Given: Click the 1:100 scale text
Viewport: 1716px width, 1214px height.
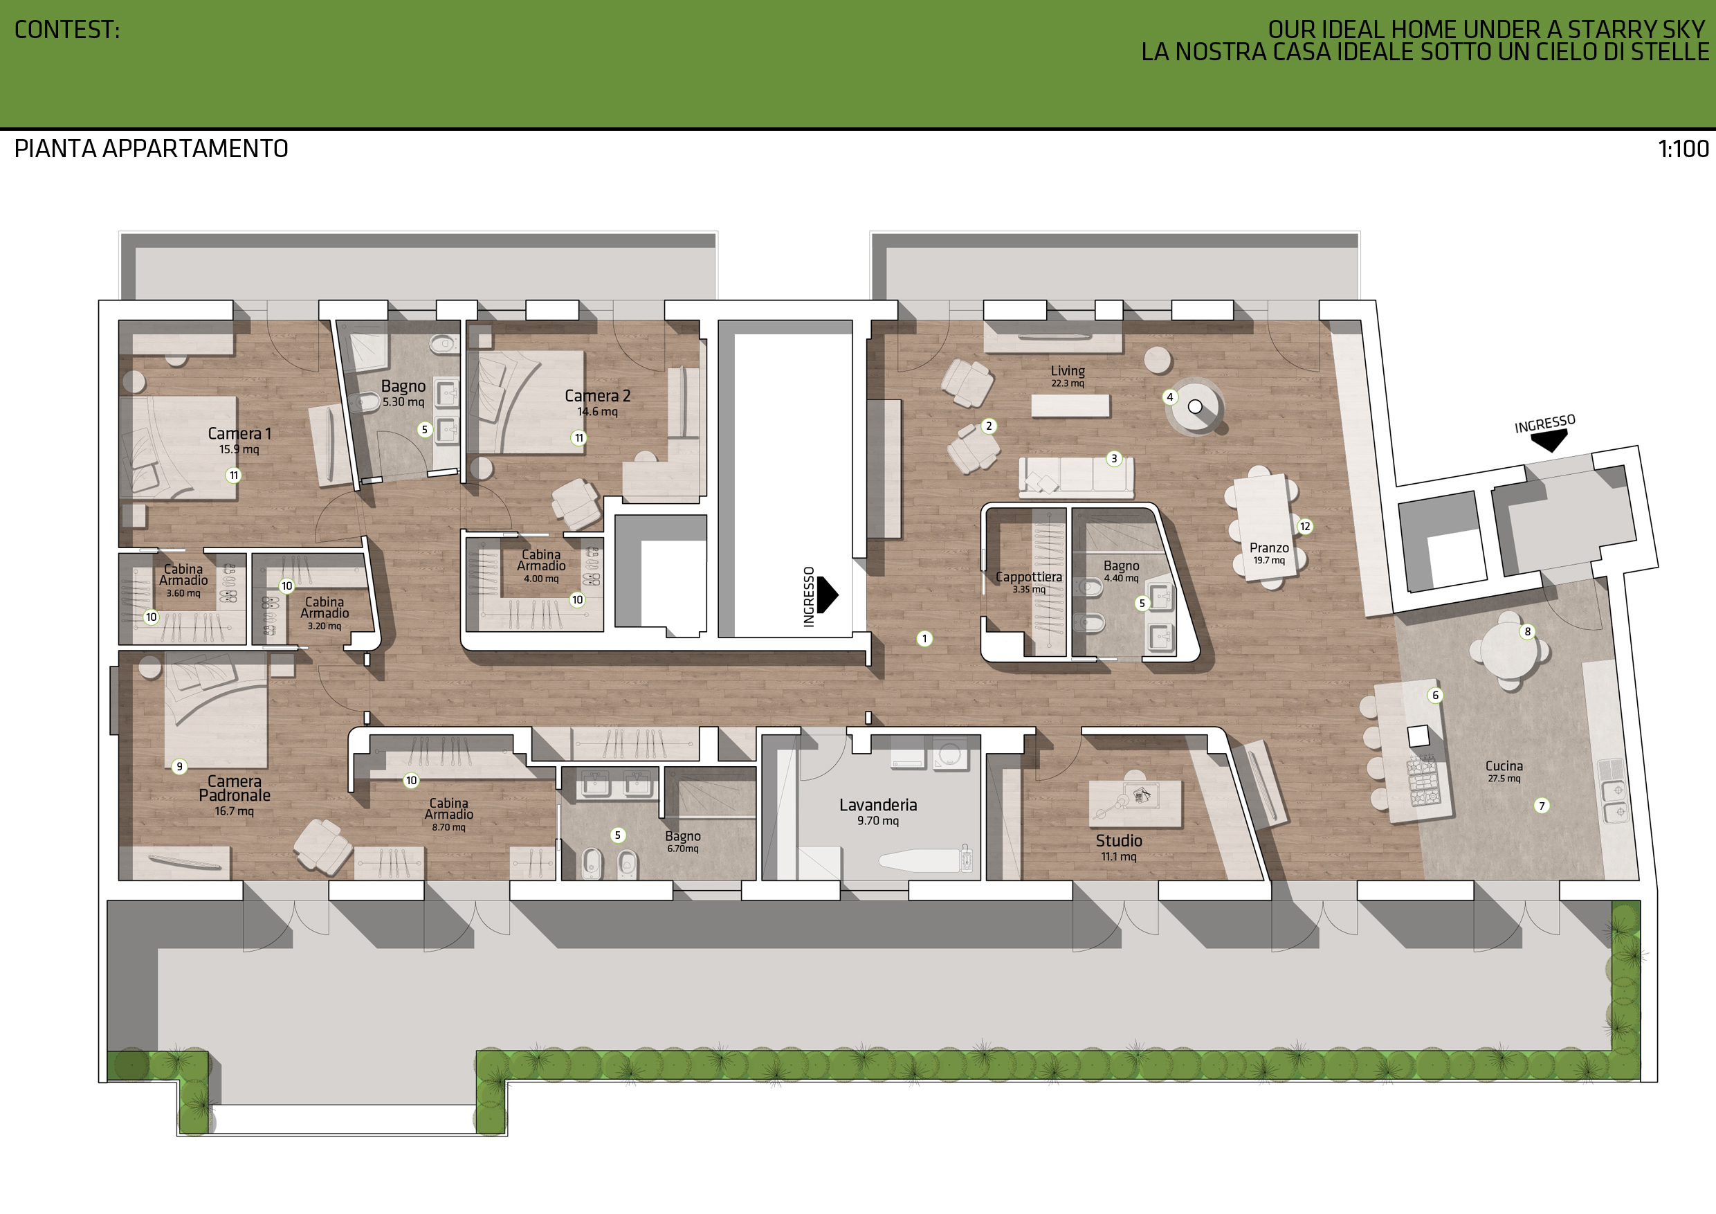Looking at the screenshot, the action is (x=1683, y=149).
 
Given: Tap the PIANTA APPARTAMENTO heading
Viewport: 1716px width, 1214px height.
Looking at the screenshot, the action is (x=151, y=149).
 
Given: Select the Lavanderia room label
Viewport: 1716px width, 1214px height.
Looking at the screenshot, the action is (x=877, y=805).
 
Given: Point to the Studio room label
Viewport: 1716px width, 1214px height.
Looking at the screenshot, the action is (x=1119, y=841).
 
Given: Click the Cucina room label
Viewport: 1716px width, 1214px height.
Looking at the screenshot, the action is (x=1504, y=766).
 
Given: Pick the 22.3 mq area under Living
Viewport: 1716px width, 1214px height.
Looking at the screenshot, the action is (x=1067, y=383).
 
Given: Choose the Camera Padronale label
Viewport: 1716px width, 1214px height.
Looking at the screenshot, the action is (x=235, y=788).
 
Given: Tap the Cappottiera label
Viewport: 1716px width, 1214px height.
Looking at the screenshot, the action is (x=1028, y=577).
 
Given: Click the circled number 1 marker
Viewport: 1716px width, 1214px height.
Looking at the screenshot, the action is (x=924, y=638).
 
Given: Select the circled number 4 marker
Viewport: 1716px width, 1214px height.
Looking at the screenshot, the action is (x=1169, y=397).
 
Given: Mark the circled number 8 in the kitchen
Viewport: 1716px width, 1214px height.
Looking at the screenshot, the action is (x=1528, y=632).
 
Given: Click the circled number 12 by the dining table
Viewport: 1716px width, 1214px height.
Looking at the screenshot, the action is (x=1305, y=526).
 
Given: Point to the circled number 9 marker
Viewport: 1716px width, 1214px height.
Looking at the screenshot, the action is (x=179, y=766).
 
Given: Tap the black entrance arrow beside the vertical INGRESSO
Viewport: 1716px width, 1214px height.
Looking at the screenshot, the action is (x=828, y=595).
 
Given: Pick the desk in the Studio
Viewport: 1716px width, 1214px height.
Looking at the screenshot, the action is (x=1135, y=803).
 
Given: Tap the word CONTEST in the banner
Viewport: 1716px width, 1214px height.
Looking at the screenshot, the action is (x=66, y=30).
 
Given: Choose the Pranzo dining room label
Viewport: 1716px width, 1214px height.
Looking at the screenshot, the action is (x=1269, y=548).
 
